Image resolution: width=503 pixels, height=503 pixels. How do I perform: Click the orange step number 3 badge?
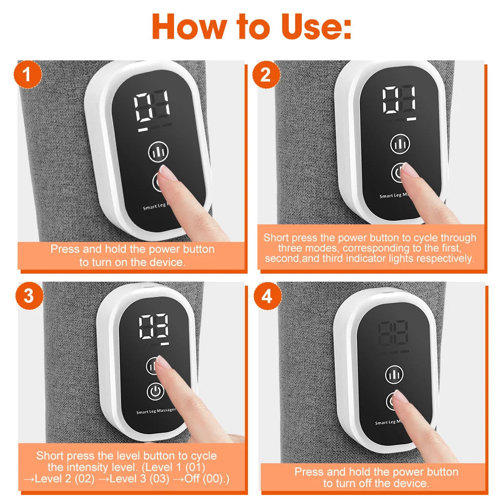coord(29,296)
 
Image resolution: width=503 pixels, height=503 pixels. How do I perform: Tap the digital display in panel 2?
coord(399,101)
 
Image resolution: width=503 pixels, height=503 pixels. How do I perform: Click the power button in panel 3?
coord(156,391)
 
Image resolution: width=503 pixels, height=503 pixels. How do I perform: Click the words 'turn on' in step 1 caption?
coord(108,262)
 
